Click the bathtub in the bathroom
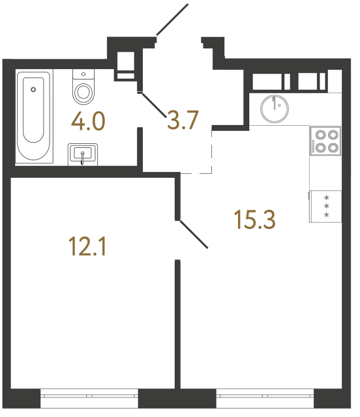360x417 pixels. [33, 116]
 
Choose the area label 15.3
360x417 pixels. [255, 220]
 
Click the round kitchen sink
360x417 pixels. [276, 108]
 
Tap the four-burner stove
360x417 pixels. [325, 140]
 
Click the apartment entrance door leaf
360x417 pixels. [172, 20]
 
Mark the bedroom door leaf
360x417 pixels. [194, 234]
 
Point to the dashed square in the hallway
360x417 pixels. [196, 151]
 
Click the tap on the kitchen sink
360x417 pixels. [275, 102]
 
